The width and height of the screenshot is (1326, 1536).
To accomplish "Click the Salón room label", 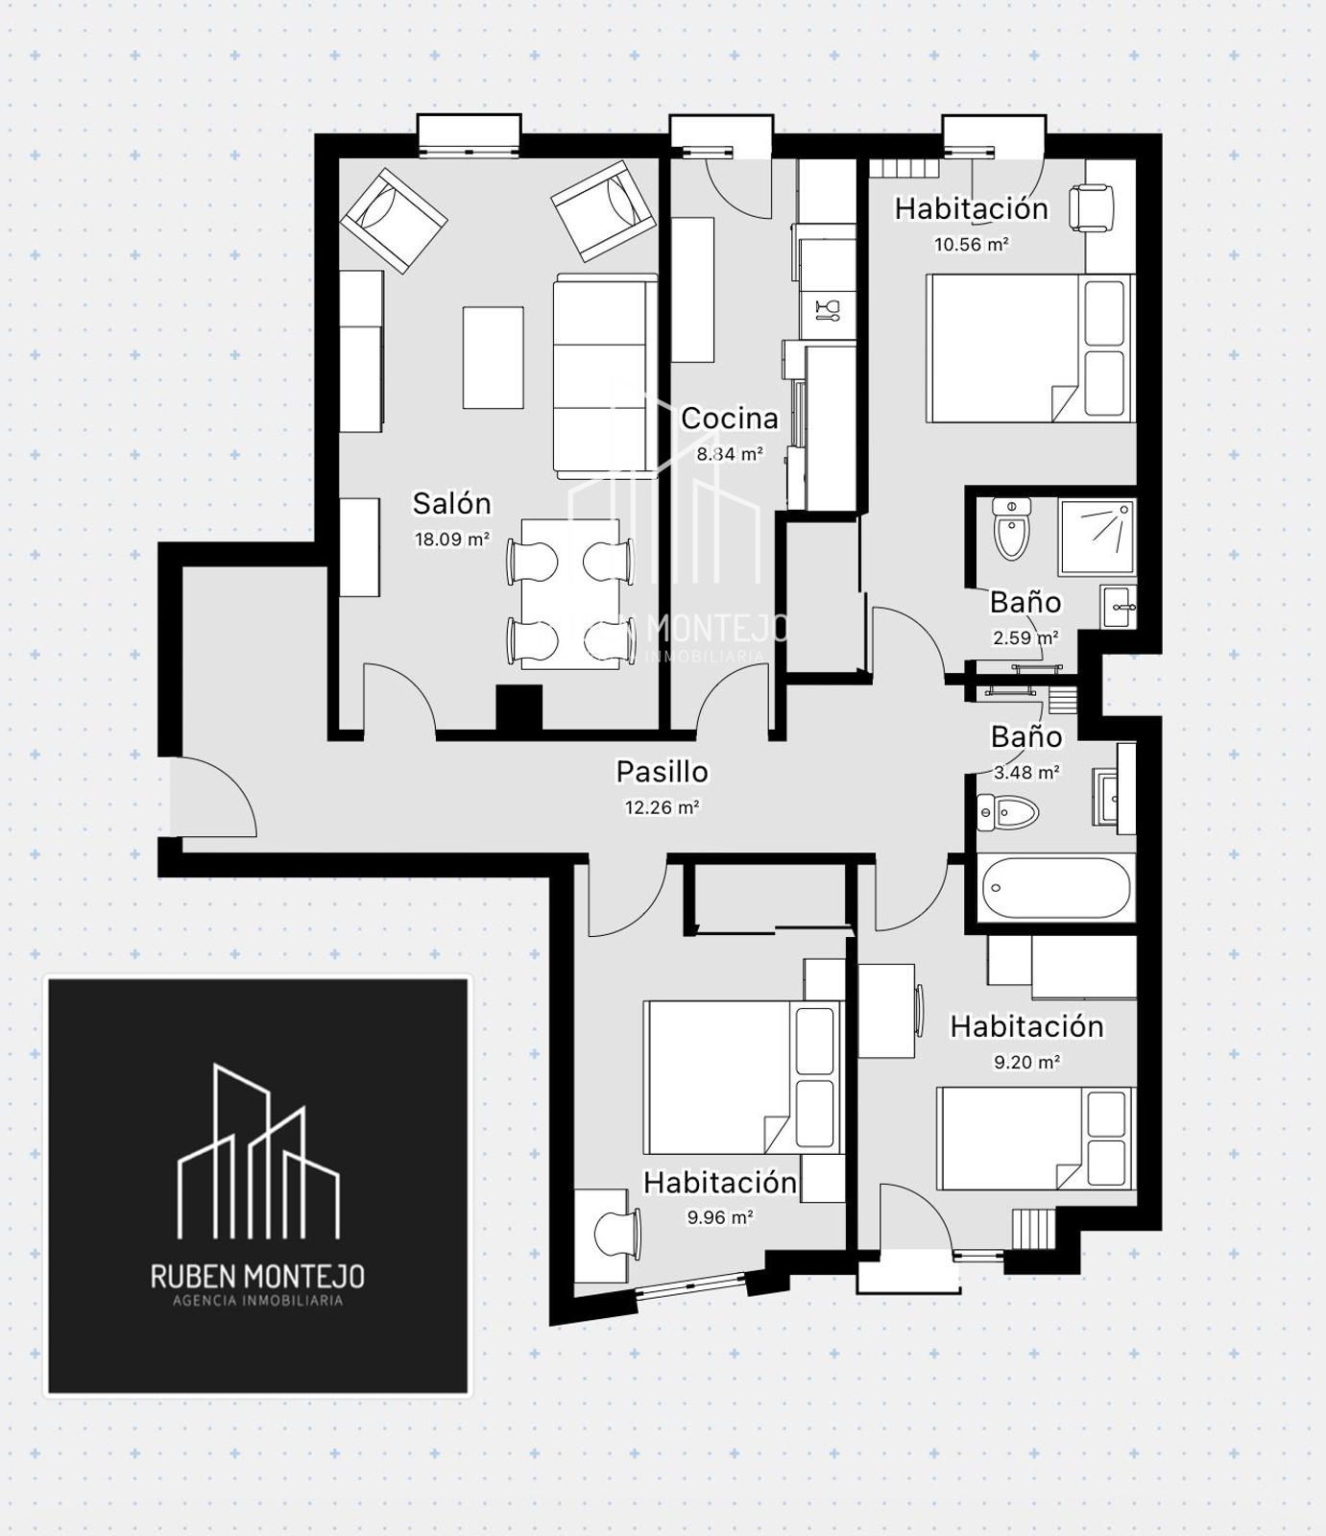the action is click(451, 503).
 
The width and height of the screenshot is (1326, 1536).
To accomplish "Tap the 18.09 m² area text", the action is click(452, 539).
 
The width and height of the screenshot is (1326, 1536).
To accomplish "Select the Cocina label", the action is click(730, 419).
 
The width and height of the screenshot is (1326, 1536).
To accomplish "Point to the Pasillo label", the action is click(663, 772).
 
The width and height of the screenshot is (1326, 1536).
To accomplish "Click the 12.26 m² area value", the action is click(663, 807).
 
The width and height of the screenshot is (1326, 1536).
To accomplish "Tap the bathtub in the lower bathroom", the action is click(1056, 887).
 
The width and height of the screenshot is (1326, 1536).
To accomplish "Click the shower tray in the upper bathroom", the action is click(1097, 537).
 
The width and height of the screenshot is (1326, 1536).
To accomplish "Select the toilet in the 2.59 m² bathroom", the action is click(1011, 528).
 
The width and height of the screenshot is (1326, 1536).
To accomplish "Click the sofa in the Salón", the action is click(606, 375).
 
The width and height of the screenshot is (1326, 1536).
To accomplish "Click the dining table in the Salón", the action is click(570, 593).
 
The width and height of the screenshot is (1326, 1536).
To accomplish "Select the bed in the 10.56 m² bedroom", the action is click(1030, 348).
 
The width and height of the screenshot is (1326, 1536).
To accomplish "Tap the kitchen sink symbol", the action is click(827, 309).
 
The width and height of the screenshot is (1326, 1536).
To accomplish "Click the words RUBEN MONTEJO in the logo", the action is click(257, 1276).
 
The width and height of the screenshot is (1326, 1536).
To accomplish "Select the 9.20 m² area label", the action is click(1026, 1062).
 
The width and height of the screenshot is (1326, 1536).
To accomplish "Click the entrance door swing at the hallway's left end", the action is click(213, 796).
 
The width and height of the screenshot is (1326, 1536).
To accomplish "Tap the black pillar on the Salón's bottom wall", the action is click(518, 708).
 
